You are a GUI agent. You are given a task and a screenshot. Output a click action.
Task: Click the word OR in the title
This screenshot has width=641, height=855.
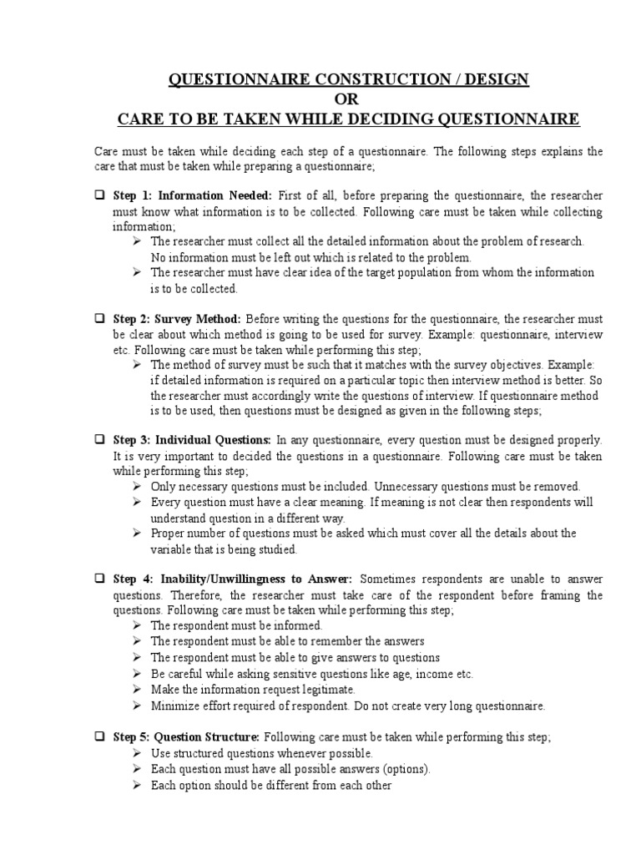[349, 100]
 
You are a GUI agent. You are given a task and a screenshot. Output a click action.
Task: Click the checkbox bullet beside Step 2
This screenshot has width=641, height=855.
[98, 319]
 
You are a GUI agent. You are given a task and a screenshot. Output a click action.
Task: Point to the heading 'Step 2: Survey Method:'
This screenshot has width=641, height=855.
[177, 319]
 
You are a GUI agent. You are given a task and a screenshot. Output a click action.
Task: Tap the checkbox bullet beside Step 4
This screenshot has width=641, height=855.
[98, 579]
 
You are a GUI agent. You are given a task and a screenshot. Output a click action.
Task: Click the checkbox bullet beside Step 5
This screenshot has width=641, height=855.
[98, 738]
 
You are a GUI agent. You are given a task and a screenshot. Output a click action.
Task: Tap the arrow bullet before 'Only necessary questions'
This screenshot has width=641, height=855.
[138, 486]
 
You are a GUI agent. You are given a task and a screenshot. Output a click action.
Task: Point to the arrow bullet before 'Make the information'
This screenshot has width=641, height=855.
[138, 690]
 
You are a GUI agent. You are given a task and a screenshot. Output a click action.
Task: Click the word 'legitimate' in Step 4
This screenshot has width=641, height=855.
[327, 690]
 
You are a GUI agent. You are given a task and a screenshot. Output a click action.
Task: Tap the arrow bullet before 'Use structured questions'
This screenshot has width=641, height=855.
[138, 753]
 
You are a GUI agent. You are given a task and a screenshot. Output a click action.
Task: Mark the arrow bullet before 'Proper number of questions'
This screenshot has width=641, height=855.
[138, 533]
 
